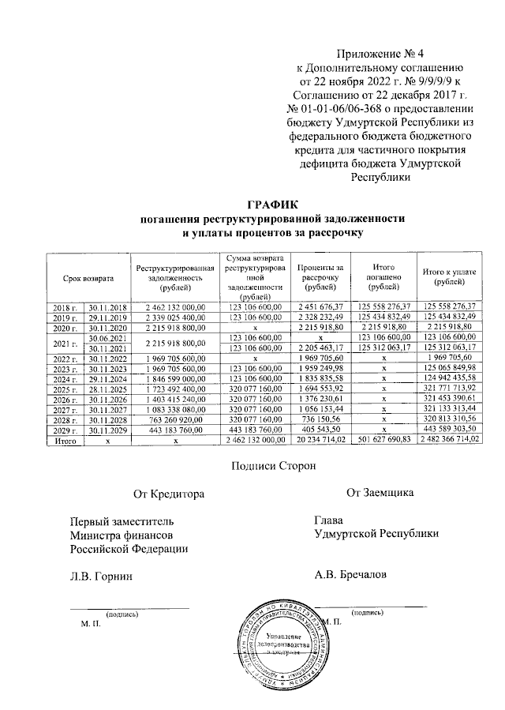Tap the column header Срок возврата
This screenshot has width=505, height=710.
pos(89,279)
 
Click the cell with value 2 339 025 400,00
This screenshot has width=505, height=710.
pos(175,316)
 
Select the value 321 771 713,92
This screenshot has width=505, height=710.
pos(449,389)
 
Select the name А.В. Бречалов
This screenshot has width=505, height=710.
pos(350,574)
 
